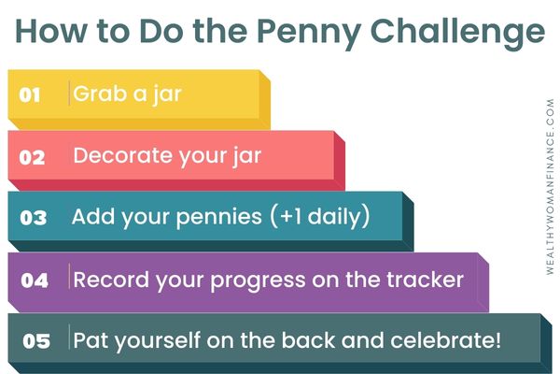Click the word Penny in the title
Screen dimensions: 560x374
tap(308, 32)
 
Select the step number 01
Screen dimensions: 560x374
tap(30, 94)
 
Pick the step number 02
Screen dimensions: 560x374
tap(32, 157)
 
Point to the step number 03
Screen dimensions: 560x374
tap(34, 218)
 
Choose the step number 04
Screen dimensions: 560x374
tap(35, 280)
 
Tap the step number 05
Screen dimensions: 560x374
tap(36, 340)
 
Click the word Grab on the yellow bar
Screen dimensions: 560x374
tap(100, 93)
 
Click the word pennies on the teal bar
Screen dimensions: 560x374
tap(219, 217)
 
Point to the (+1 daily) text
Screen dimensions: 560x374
tap(319, 216)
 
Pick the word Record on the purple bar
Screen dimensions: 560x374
tap(111, 280)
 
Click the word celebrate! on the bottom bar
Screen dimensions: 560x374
tap(446, 340)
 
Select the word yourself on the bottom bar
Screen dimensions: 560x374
tap(157, 340)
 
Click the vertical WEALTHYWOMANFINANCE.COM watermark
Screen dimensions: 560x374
tap(550, 187)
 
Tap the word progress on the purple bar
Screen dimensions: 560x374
tap(258, 280)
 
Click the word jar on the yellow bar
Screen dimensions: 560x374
tap(167, 94)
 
